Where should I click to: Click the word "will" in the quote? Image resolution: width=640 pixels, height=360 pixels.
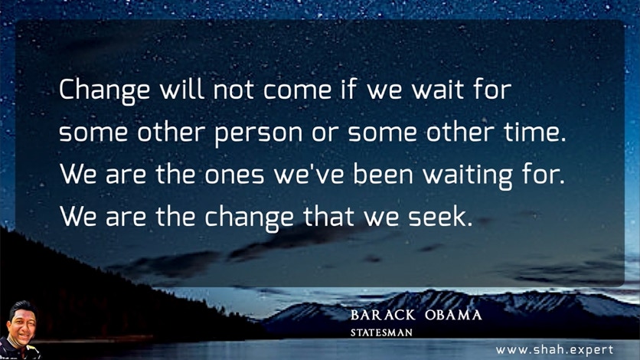(x=181, y=89)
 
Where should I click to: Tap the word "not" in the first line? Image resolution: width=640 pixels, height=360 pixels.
(x=233, y=90)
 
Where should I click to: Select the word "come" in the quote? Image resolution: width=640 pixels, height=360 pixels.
(x=297, y=91)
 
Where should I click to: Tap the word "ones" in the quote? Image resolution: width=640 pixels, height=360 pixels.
(x=234, y=175)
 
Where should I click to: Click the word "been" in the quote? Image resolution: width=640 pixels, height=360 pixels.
(x=383, y=173)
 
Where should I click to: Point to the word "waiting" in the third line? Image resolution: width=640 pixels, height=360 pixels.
(x=467, y=175)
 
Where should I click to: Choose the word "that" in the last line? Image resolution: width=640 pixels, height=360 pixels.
(x=328, y=216)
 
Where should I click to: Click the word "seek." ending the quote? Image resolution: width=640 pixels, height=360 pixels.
(x=440, y=216)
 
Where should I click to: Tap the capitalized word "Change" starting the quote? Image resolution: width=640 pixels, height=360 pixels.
(x=104, y=91)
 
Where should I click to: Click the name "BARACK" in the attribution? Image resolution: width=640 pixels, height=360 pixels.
(x=383, y=316)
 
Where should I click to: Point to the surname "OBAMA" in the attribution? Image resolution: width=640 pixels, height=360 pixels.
(x=453, y=316)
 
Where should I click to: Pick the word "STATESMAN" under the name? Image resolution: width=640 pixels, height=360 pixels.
(x=381, y=332)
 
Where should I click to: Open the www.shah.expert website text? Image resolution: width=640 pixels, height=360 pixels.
(x=555, y=350)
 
